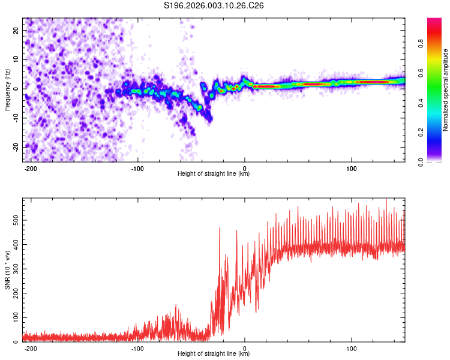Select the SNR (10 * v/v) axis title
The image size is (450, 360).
tap(7, 270)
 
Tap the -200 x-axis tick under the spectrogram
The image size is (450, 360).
tap(31, 167)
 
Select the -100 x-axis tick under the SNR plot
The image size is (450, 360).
tap(137, 348)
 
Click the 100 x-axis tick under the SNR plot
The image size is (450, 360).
tap(351, 348)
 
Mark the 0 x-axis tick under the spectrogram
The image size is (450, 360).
tap(245, 167)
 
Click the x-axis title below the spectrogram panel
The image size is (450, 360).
tap(214, 174)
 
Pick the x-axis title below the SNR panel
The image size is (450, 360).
tap(214, 354)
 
